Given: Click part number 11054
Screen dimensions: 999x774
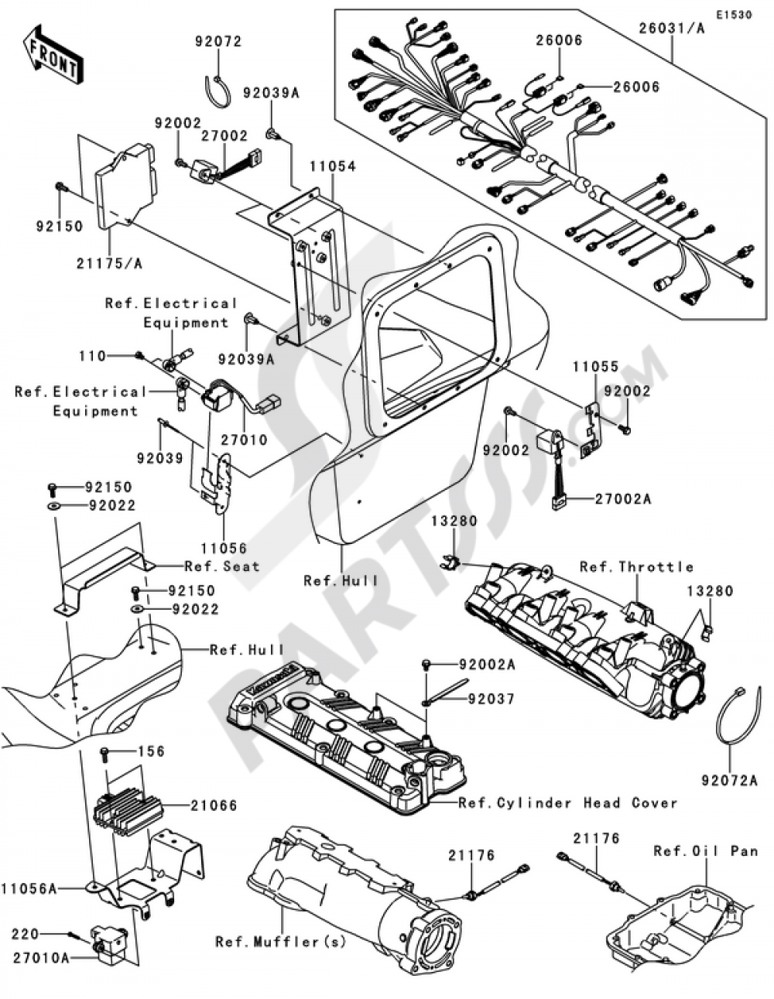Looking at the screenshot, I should click(x=334, y=166).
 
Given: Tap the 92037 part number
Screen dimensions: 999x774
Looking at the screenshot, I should click(x=489, y=699).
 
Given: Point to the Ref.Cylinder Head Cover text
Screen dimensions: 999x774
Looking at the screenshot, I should click(x=567, y=802).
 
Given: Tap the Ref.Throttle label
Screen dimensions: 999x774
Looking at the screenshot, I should click(x=636, y=566).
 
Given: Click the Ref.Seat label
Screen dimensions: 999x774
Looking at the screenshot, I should click(x=221, y=566).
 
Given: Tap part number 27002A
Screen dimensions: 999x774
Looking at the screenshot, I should click(x=623, y=499).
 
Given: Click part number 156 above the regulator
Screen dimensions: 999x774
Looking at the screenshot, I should click(x=152, y=751).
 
